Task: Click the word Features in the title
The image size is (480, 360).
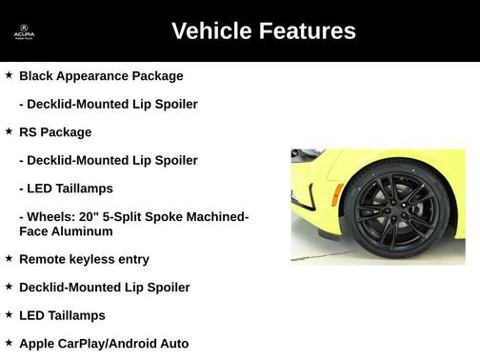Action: click(x=305, y=31)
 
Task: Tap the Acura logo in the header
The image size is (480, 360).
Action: click(x=24, y=32)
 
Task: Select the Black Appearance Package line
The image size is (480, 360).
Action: click(x=101, y=75)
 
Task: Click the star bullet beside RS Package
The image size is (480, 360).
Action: click(x=9, y=131)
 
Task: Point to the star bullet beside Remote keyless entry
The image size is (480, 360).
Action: click(x=9, y=258)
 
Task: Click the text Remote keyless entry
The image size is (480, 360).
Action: click(x=84, y=259)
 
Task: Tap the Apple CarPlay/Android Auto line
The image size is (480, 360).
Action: click(x=104, y=343)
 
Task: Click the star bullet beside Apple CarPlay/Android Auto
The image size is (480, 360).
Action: click(x=9, y=342)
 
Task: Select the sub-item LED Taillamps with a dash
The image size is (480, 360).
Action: click(x=66, y=189)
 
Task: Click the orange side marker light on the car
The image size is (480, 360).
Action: click(x=337, y=195)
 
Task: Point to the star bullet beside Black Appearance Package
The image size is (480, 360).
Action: click(x=9, y=75)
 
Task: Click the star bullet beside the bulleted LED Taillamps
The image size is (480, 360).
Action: click(x=9, y=314)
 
